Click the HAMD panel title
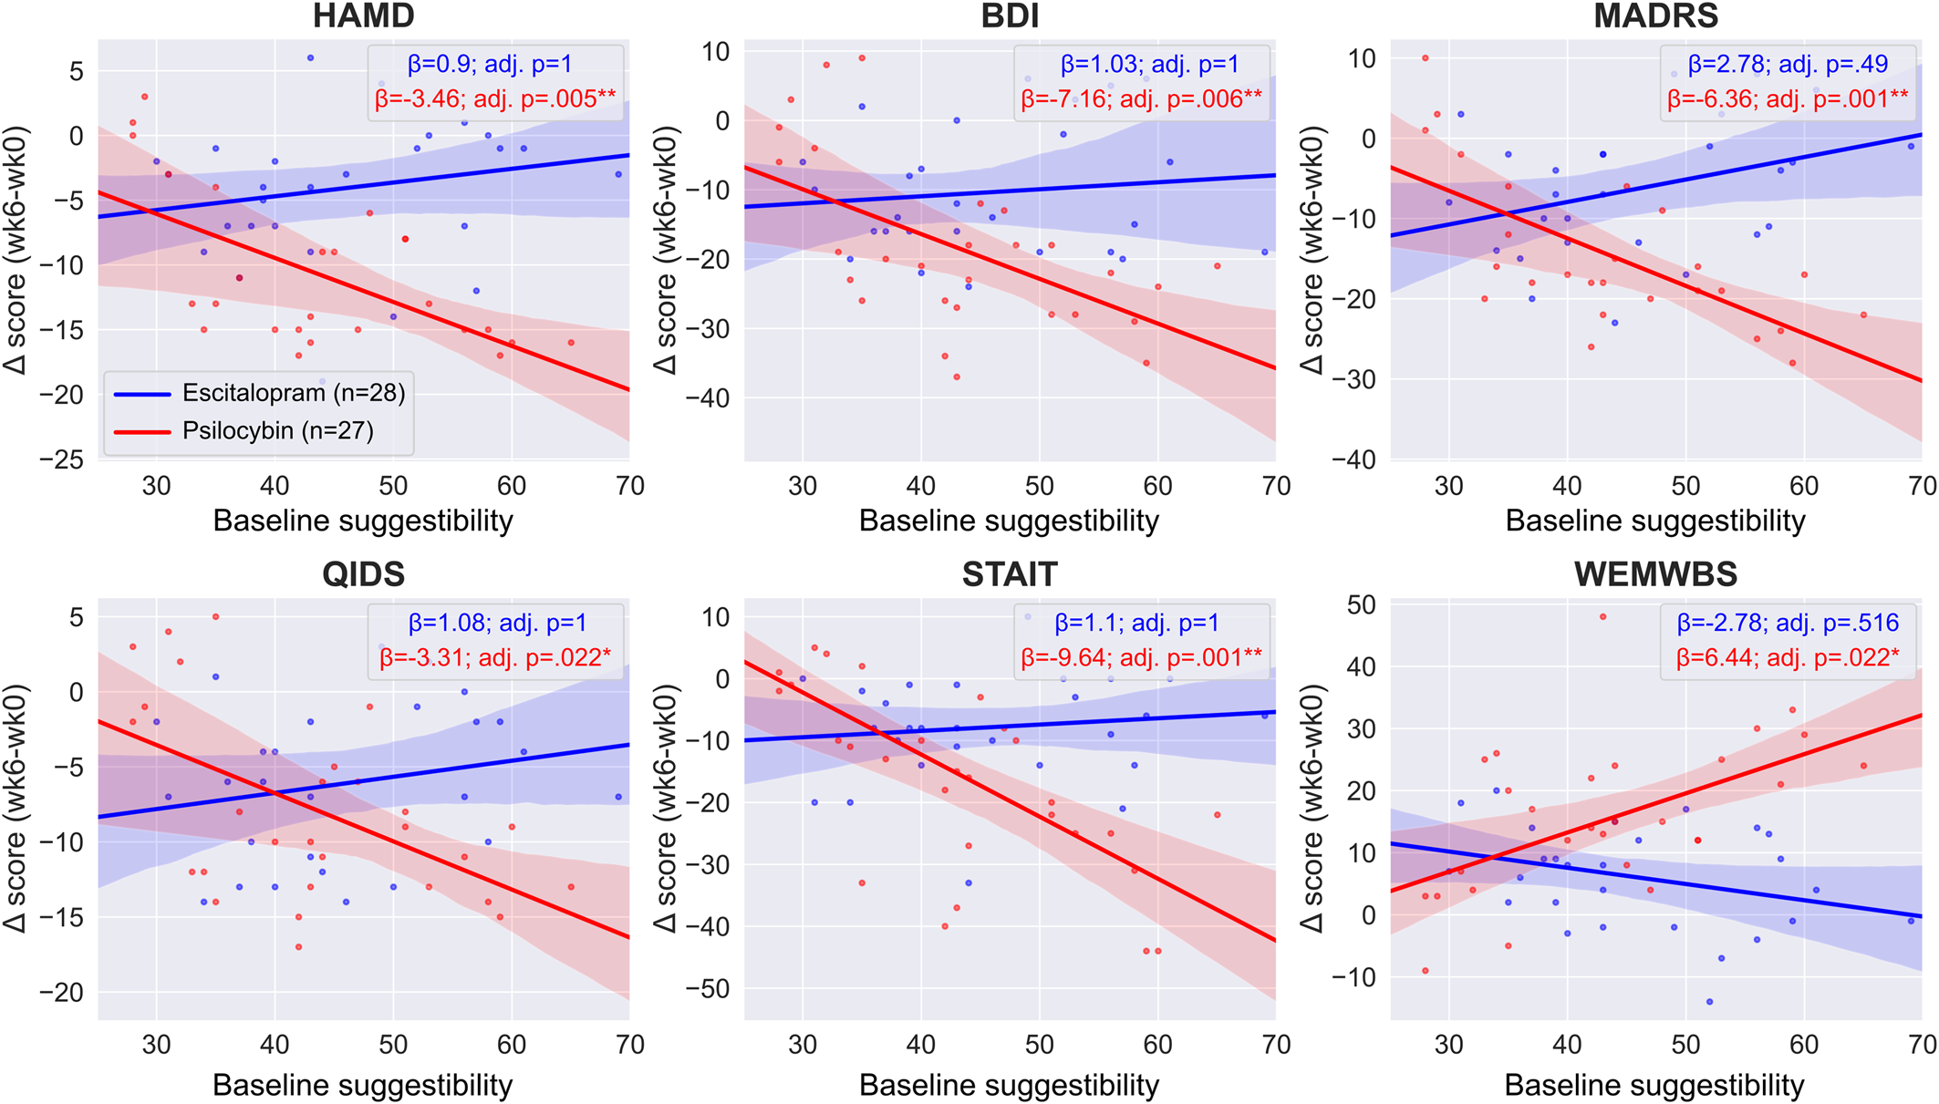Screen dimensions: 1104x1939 (363, 15)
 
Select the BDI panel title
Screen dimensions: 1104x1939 (1010, 15)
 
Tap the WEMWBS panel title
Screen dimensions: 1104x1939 (1655, 574)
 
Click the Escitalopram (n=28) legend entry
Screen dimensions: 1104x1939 (293, 393)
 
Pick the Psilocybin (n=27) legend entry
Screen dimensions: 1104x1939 (277, 430)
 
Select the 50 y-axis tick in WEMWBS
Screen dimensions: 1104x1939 (1362, 604)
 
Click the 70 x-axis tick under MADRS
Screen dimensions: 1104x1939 (1921, 486)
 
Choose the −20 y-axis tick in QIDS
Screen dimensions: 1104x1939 (61, 993)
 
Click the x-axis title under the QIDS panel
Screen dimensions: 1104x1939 (363, 1085)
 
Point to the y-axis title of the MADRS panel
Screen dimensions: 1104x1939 (1312, 250)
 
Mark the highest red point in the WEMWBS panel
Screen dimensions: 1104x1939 (1602, 617)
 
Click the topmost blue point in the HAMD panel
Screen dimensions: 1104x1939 (310, 57)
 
